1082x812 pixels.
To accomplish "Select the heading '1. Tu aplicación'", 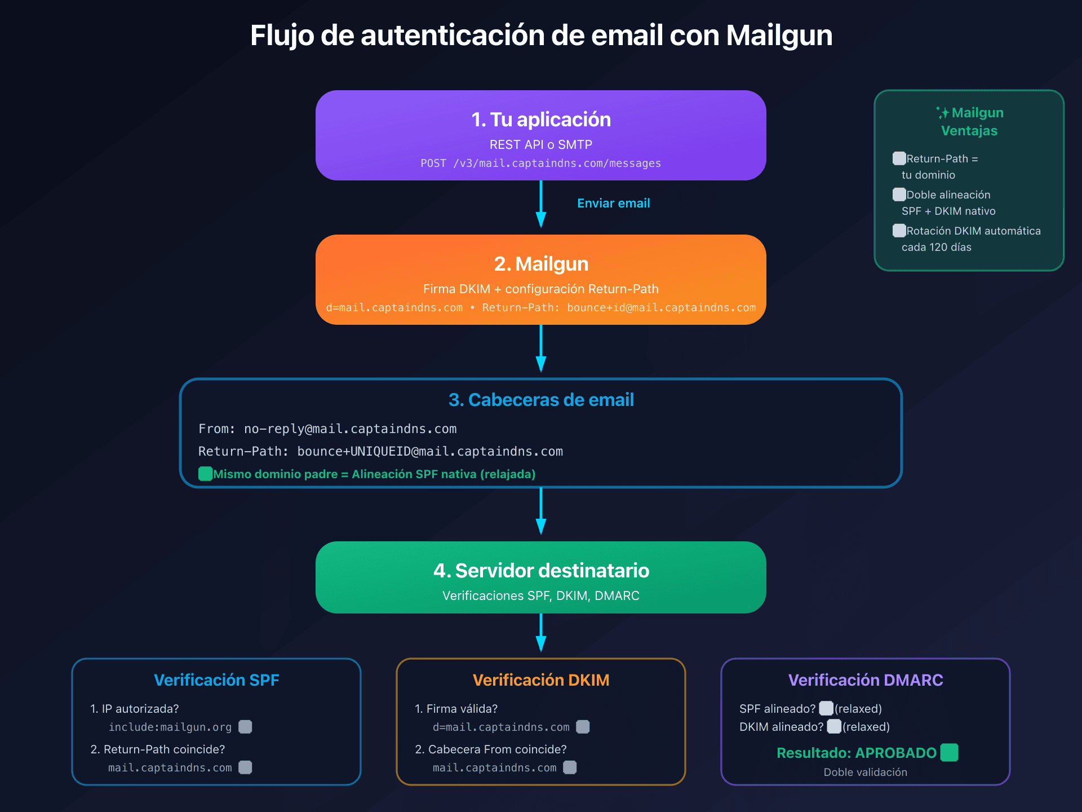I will [541, 120].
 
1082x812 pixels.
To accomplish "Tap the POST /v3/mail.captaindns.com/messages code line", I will [541, 164].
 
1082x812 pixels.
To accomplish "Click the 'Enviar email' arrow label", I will [613, 204].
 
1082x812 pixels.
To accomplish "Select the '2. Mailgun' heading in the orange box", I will [541, 264].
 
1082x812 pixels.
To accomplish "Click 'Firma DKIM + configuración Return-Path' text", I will [541, 289].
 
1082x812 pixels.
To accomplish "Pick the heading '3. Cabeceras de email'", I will [541, 400].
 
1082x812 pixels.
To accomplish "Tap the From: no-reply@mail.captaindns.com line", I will [327, 429].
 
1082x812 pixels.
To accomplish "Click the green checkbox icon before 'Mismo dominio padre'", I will [205, 474].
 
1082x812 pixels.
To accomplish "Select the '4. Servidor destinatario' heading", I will [541, 571].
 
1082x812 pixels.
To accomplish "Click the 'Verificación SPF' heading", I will [216, 680].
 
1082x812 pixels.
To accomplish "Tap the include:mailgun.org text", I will [170, 727].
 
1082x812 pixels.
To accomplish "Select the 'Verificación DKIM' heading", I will [541, 680].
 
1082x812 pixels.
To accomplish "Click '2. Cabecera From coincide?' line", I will [491, 749].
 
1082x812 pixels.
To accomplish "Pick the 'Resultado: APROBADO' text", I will [856, 753].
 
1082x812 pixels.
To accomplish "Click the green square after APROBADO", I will [950, 753].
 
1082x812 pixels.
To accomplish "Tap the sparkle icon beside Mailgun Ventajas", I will [943, 113].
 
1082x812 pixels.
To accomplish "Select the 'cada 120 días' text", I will [936, 248].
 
